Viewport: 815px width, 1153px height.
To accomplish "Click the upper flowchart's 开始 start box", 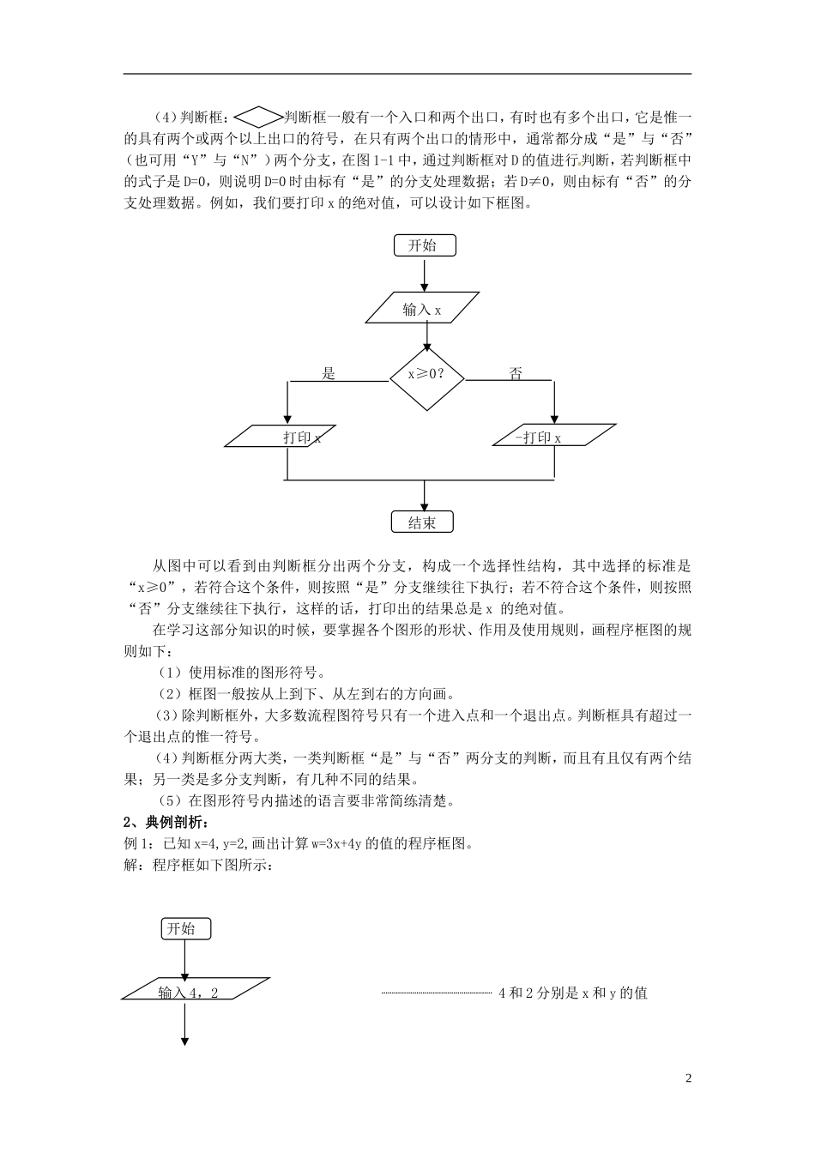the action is pos(425,245).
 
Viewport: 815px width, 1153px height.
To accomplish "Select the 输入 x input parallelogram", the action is pos(422,311).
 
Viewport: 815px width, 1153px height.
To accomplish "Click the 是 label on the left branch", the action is pos(328,374).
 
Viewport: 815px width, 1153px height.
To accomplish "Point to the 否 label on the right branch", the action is pos(516,374).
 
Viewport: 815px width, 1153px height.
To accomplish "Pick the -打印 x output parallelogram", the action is pos(554,437).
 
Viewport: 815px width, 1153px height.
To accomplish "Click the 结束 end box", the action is pos(422,522).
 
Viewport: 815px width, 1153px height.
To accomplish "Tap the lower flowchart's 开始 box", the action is pos(184,929).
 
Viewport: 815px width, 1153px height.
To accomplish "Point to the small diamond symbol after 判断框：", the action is pos(257,116).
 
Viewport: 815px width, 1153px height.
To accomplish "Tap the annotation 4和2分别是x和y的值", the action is pos(572,993).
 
